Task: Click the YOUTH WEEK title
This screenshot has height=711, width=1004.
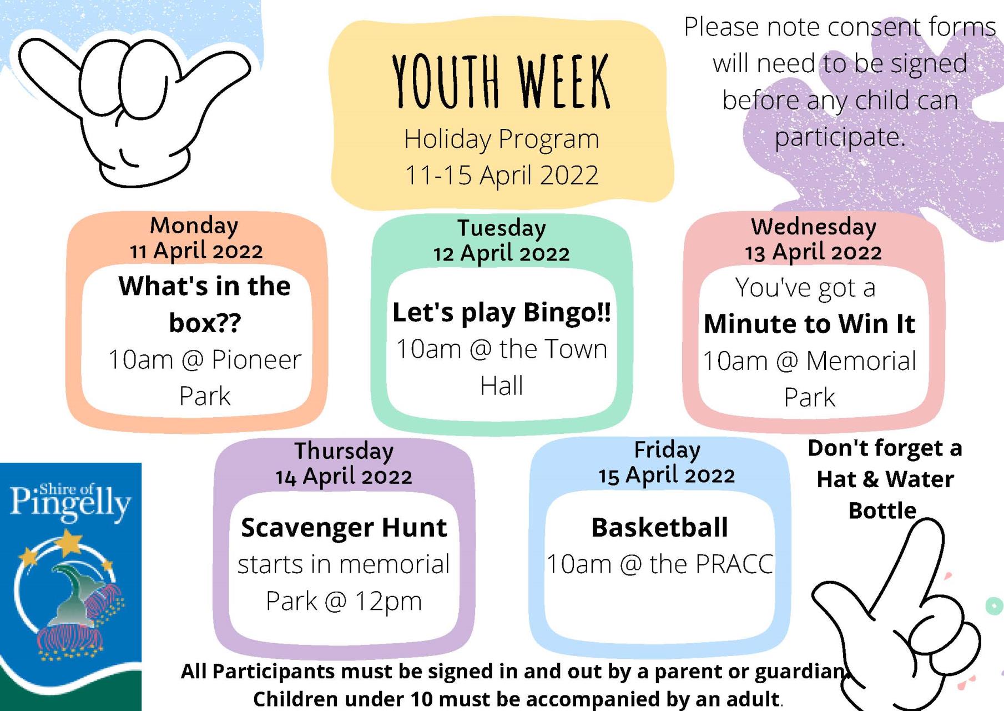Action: click(x=501, y=81)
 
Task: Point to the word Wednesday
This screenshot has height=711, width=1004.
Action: click(x=814, y=227)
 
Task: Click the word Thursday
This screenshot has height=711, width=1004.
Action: click(x=344, y=451)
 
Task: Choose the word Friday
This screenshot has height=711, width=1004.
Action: click(x=667, y=450)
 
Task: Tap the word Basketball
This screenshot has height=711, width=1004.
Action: click(x=660, y=527)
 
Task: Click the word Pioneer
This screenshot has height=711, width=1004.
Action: click(x=256, y=360)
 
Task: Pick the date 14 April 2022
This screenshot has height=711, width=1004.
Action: click(x=344, y=477)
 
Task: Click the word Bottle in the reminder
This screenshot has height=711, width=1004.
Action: click(x=882, y=510)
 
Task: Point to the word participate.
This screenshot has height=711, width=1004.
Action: click(x=839, y=137)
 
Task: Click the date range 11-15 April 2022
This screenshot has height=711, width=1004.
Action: click(x=502, y=176)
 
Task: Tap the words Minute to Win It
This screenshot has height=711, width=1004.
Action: click(x=809, y=324)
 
